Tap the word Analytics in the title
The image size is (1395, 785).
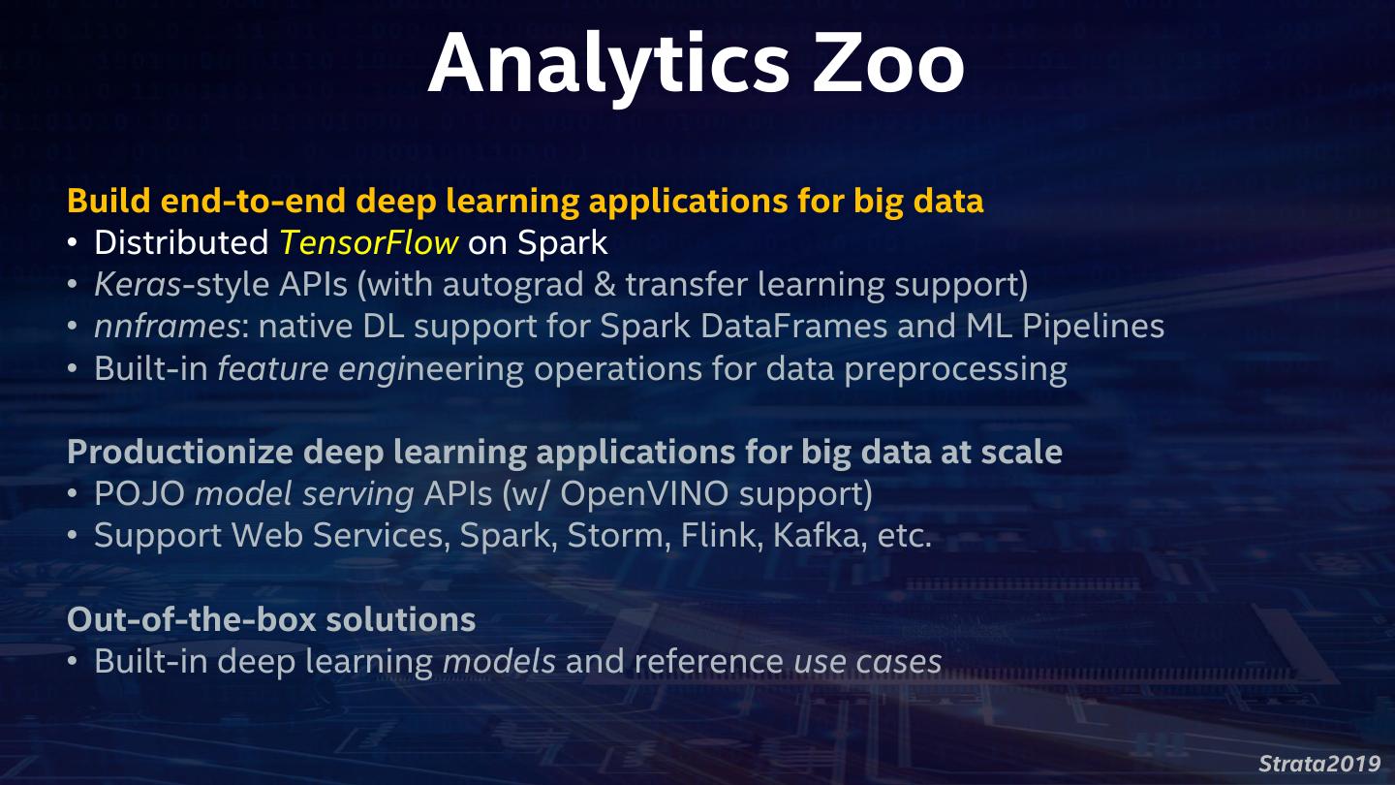coord(608,64)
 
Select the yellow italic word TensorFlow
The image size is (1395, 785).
coord(369,242)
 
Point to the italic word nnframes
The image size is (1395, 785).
coord(167,326)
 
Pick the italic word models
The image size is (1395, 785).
coord(499,661)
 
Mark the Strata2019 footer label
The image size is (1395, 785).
coord(1319,762)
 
